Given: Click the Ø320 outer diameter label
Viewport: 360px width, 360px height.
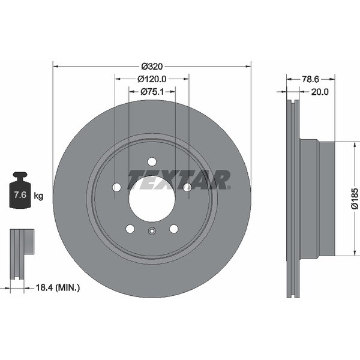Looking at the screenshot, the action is coord(152,67).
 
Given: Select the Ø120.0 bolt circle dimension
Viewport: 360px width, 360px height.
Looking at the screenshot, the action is coord(152,79).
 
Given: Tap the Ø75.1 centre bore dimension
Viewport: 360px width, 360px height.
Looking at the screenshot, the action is coord(152,92).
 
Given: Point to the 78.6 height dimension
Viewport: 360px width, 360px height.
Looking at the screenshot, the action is coord(310,79).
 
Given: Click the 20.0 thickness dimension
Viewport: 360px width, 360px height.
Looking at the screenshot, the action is coord(320,92).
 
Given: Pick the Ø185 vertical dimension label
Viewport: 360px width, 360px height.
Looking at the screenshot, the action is coord(355,199).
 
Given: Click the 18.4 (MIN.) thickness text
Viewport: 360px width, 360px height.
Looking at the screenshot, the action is coord(58,287).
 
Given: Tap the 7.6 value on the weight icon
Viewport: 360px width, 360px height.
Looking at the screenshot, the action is coord(20,195).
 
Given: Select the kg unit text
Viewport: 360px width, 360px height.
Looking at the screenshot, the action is coord(38,196).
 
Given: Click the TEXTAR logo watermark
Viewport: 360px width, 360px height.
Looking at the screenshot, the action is coord(179,180).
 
